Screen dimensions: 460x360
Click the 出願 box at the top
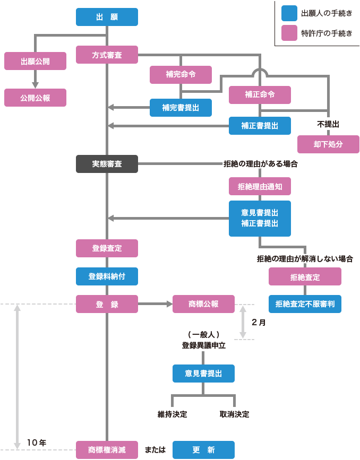(107, 17)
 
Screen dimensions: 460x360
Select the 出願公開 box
(35, 61)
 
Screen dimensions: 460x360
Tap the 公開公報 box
(35, 98)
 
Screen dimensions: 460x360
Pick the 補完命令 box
(181, 74)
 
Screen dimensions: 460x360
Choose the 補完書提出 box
(181, 108)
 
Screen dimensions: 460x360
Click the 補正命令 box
(260, 94)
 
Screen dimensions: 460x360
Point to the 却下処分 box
(328, 144)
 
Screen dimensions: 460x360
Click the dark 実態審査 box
(107, 164)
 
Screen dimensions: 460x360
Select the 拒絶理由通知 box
(260, 186)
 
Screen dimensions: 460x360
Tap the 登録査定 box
(107, 248)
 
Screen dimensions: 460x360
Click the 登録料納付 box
(107, 276)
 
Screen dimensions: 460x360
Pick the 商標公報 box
(203, 304)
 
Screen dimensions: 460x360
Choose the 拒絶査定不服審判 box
(304, 304)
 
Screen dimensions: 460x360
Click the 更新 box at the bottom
(203, 450)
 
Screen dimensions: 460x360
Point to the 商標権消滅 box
(107, 450)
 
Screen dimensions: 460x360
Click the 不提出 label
(328, 124)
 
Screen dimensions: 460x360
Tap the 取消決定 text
(234, 414)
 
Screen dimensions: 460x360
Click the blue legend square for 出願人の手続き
(289, 12)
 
